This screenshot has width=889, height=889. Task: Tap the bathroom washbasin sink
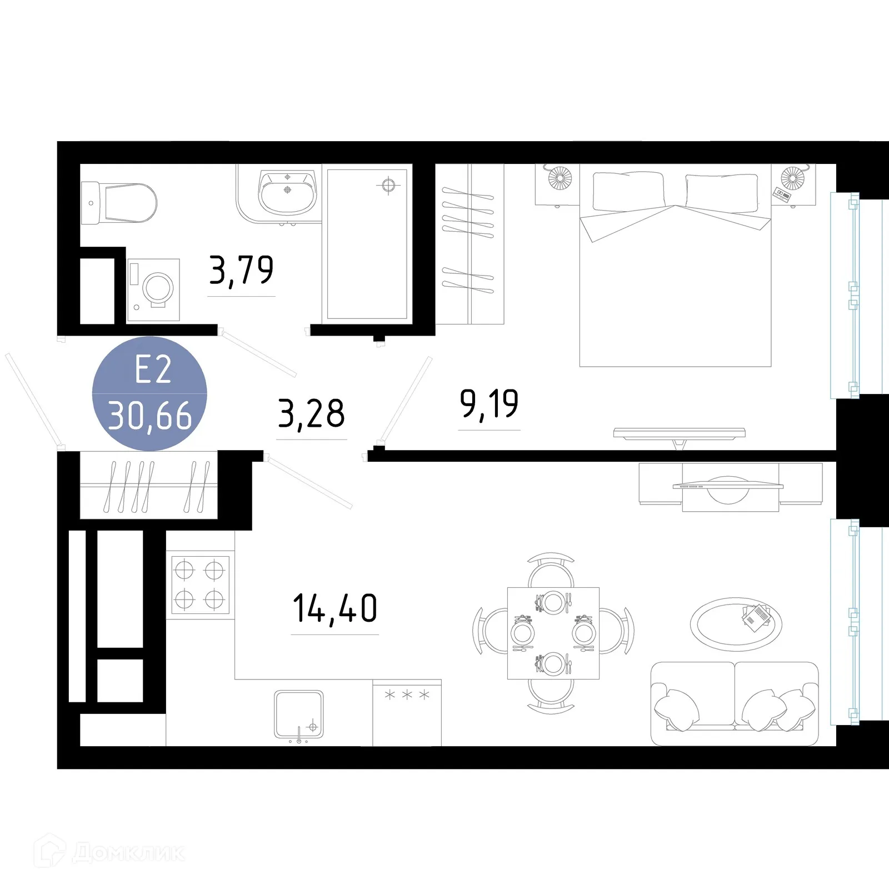point(287,192)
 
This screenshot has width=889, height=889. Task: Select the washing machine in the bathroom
point(153,289)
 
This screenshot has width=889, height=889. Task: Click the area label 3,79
point(241,271)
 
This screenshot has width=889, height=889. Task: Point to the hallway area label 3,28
point(311,414)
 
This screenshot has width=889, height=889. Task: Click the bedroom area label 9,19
point(489,404)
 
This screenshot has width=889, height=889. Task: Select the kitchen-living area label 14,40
point(334,608)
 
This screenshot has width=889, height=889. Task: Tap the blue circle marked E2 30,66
point(149,393)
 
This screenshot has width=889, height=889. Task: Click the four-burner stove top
point(200,585)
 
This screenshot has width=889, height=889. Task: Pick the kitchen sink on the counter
point(299,715)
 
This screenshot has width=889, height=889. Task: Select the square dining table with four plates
point(553,633)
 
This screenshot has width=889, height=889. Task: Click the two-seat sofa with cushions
point(735,703)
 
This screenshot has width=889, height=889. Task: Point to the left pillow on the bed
point(628,191)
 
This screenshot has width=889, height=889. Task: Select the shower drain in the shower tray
point(388,185)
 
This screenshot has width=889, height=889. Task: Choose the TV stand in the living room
point(730,487)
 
